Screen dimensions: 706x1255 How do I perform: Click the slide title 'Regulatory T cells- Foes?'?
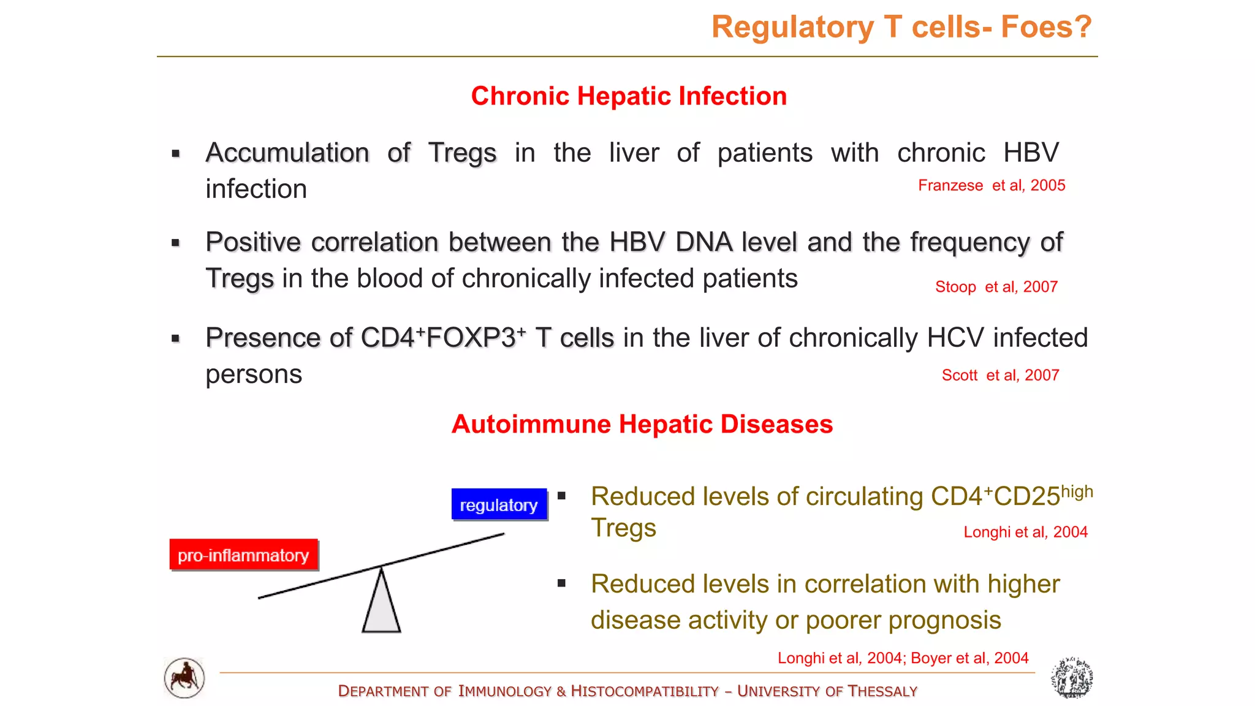click(901, 28)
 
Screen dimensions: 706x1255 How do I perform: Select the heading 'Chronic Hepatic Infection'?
click(629, 96)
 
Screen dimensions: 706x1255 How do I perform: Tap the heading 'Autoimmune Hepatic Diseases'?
click(642, 424)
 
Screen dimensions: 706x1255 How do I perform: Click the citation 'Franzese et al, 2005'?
click(991, 185)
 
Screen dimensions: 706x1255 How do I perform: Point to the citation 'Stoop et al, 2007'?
click(996, 287)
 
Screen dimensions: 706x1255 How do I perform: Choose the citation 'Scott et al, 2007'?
click(1000, 375)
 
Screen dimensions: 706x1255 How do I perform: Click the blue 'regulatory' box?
click(499, 504)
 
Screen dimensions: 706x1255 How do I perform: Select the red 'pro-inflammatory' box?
click(243, 555)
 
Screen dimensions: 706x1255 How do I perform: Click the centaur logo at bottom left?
click(184, 678)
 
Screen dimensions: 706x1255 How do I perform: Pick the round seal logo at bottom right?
click(1072, 678)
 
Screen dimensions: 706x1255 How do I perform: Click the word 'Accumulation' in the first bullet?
click(287, 153)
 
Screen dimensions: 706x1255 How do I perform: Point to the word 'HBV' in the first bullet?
click(1031, 153)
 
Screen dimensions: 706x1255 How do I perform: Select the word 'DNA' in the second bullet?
click(704, 242)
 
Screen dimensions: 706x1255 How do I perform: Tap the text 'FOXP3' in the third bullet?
click(471, 338)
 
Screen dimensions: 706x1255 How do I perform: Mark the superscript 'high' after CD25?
click(1077, 492)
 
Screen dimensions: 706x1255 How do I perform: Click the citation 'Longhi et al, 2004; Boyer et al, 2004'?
click(903, 658)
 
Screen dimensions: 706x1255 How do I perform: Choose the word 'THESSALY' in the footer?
click(882, 691)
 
